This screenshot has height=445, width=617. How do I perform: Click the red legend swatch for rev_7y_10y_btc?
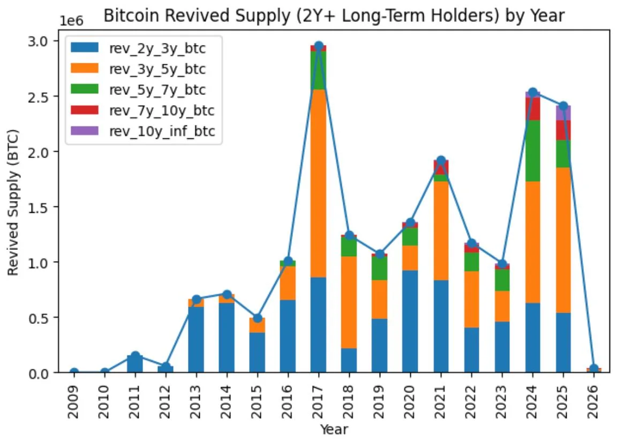click(x=85, y=110)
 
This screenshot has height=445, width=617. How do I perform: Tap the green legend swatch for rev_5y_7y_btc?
click(x=85, y=90)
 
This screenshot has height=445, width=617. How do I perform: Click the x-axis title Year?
click(x=334, y=429)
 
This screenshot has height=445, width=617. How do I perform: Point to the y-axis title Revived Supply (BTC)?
click(x=13, y=202)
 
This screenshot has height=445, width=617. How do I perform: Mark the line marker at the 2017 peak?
click(x=319, y=46)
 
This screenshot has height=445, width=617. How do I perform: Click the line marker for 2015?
click(x=257, y=318)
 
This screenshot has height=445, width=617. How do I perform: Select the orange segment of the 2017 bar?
click(x=319, y=182)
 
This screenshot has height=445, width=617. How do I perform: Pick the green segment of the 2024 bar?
click(x=532, y=151)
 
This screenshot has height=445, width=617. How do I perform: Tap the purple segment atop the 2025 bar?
click(x=563, y=113)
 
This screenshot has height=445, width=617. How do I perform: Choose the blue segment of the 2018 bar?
click(x=349, y=360)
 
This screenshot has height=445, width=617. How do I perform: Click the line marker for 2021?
click(x=441, y=160)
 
